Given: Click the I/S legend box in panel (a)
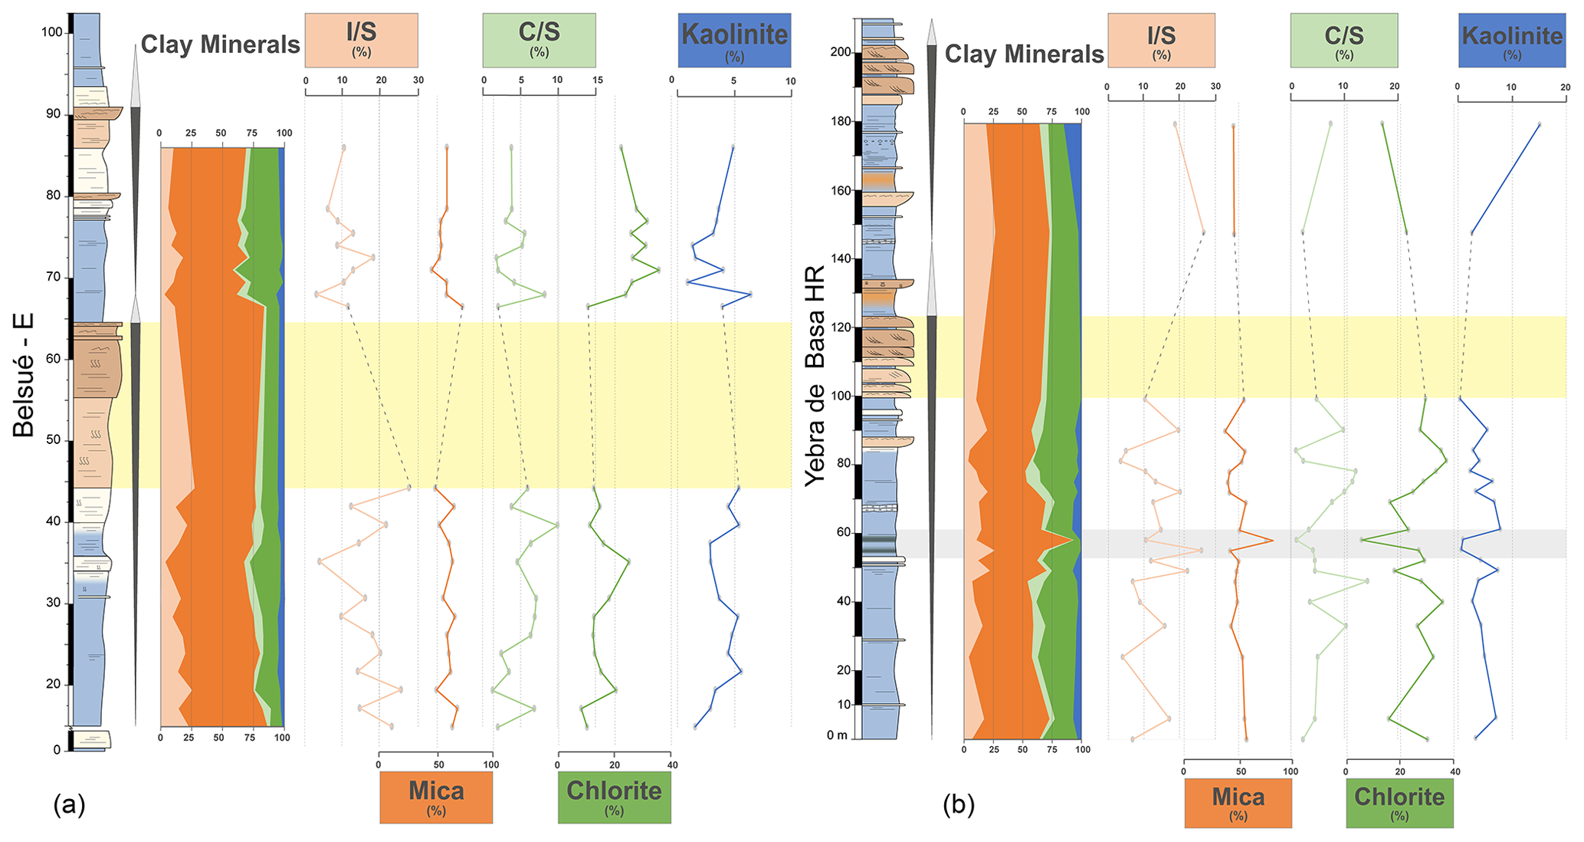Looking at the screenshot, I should point(361,40).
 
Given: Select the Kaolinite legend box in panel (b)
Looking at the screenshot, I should point(1511,41).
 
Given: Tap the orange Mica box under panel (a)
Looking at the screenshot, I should point(436,797).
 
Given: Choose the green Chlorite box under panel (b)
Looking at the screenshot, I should point(1399,803).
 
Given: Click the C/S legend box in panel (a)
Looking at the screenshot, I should point(539,40).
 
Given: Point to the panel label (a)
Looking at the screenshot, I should point(69,804).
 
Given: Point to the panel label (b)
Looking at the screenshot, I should point(959,804).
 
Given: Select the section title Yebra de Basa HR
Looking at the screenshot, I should point(815,376).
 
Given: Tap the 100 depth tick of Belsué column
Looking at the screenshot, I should point(53,32).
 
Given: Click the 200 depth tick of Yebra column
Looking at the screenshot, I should point(840,52).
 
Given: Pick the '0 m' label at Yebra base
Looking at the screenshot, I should point(838,736).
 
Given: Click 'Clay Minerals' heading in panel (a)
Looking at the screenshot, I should point(220,44).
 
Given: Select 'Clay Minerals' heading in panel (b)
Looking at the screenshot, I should point(1024,54).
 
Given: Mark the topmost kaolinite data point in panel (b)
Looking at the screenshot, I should point(1539,124).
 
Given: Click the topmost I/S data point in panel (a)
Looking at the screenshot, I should point(343,147).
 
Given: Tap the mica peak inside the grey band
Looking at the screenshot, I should point(1272,541).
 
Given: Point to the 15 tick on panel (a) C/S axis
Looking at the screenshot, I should point(597,80).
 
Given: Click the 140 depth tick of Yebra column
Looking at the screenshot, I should point(840,259).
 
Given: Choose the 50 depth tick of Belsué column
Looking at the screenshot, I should point(53,440).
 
